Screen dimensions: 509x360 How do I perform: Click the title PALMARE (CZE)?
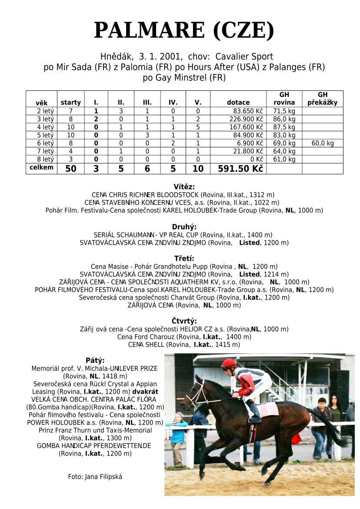pos(184,30)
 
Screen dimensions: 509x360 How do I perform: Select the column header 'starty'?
pos(70,103)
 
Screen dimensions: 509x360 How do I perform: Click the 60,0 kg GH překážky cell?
pos(322,143)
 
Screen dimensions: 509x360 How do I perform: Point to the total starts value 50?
pos(70,169)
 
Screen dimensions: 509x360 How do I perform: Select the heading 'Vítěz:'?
pos(184,187)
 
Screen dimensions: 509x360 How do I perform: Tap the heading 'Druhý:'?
pos(184,227)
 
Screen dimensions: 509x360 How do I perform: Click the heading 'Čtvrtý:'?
pos(184,321)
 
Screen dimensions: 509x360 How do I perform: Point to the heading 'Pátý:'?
pos(95,360)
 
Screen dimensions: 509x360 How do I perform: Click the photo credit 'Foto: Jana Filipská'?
pos(95,476)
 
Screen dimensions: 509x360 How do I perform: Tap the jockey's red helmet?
pos(228,363)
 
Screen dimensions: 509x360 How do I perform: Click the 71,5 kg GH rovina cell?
pos(284,111)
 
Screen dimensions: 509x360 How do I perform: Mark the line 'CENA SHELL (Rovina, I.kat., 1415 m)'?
pos(184,345)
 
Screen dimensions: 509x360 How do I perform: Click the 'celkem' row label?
pos(41,168)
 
